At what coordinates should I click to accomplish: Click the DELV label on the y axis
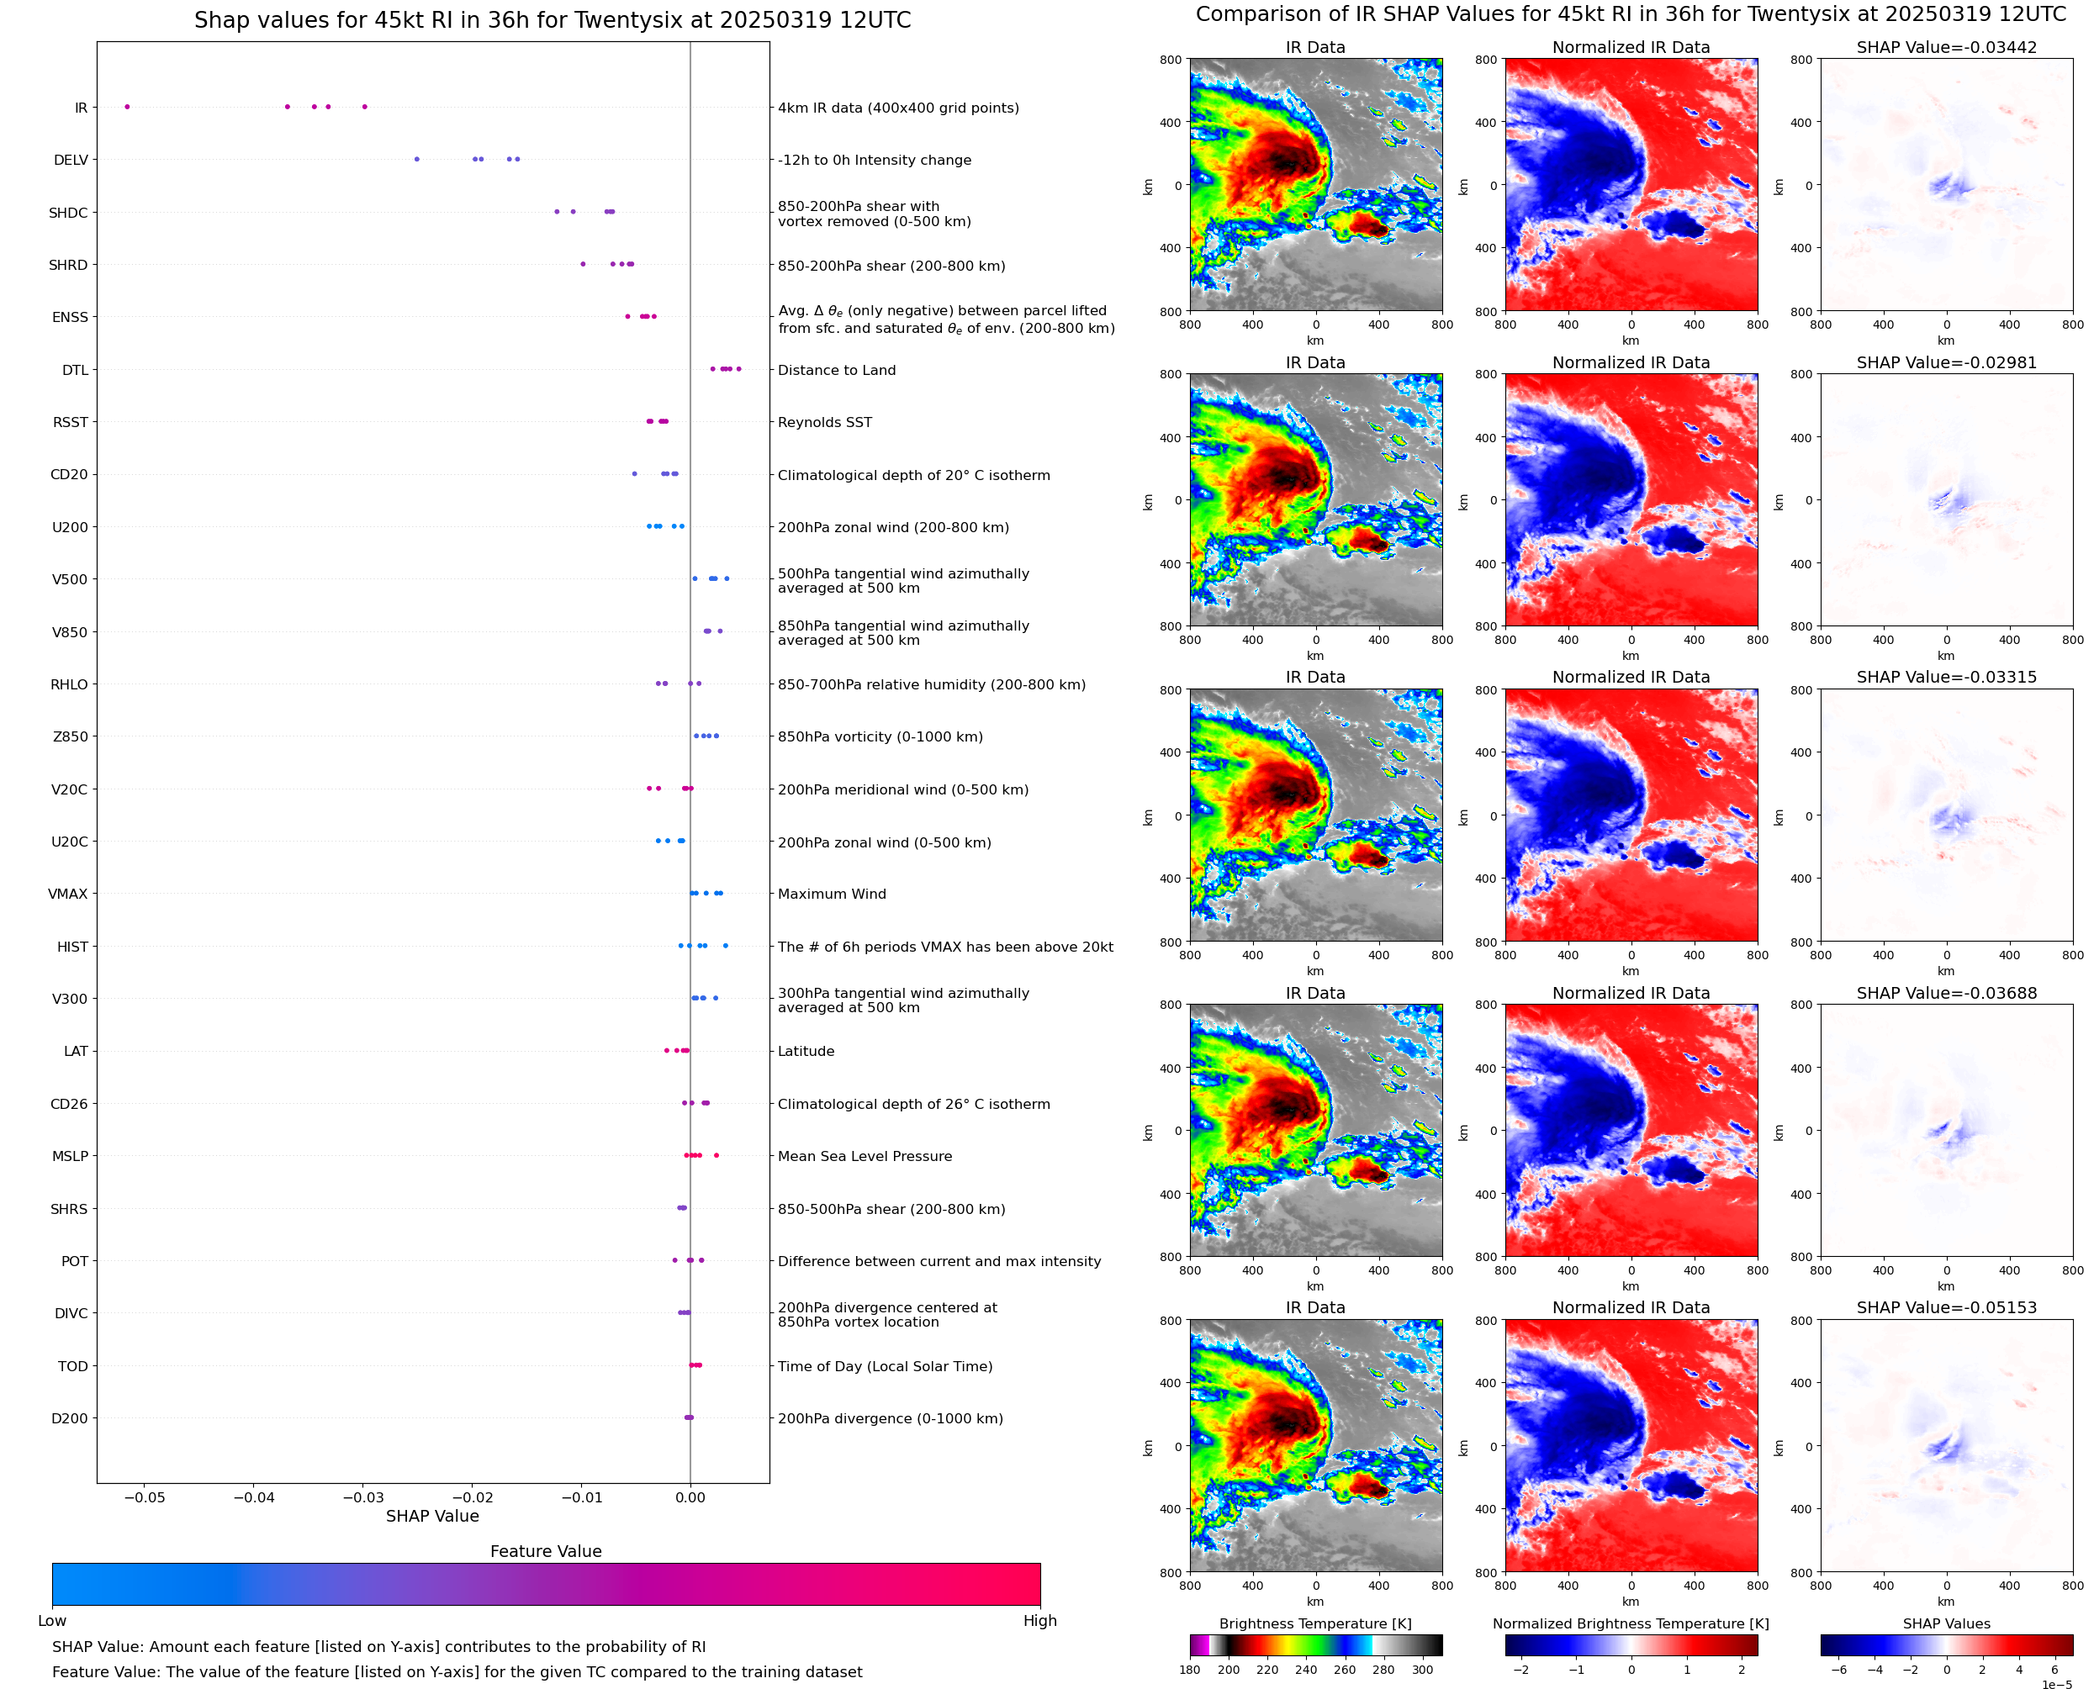70,161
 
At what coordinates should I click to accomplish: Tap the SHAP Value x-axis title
432,1516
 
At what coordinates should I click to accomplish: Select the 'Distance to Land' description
836,371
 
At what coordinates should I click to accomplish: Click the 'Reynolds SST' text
824,422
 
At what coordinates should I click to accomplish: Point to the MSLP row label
70,1157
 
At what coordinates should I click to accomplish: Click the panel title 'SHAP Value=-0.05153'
1946,1307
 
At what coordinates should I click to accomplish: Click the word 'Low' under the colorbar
51,1621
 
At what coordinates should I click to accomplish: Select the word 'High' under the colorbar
1039,1621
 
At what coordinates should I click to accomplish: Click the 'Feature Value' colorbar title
545,1552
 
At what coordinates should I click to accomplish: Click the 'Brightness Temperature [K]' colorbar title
1314,1623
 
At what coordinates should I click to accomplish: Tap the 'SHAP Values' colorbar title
1946,1623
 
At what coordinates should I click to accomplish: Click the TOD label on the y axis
73,1366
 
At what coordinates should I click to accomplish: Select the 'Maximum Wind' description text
831,895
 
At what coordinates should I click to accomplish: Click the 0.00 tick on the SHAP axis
690,1497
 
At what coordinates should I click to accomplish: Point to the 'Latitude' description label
806,1052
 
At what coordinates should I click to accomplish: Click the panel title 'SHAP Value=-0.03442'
1946,48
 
